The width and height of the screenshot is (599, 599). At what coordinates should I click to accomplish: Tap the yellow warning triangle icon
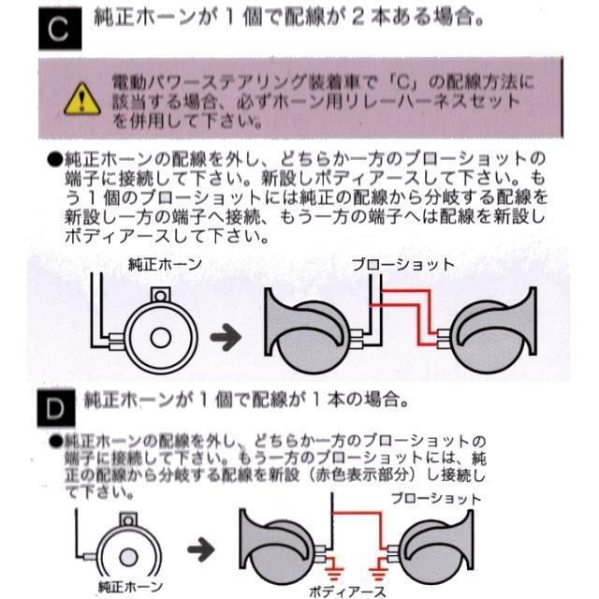click(x=82, y=96)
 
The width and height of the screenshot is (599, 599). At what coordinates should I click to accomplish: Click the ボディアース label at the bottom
click(x=348, y=591)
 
